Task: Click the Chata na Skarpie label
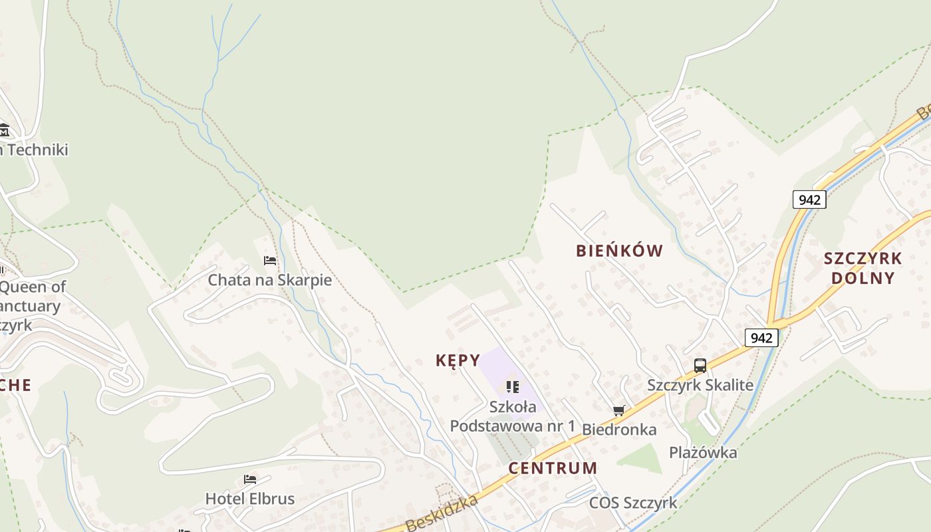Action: tap(269, 280)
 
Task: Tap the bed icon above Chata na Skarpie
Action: tap(270, 261)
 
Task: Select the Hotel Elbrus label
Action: tap(249, 499)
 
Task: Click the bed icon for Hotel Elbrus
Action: tap(250, 479)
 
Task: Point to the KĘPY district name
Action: tap(458, 360)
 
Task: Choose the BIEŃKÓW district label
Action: tap(619, 251)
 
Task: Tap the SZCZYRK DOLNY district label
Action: tap(863, 268)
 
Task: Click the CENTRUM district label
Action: tap(553, 468)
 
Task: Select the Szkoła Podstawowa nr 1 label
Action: tap(512, 416)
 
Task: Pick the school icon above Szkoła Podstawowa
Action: tap(512, 386)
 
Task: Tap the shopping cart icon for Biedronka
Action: tap(619, 411)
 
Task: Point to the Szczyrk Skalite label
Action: tap(700, 385)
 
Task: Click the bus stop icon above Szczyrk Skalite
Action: tap(700, 365)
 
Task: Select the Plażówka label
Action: tap(703, 453)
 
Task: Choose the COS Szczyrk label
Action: tap(632, 503)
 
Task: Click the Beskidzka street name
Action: tap(442, 513)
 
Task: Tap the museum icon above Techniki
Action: tap(4, 130)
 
